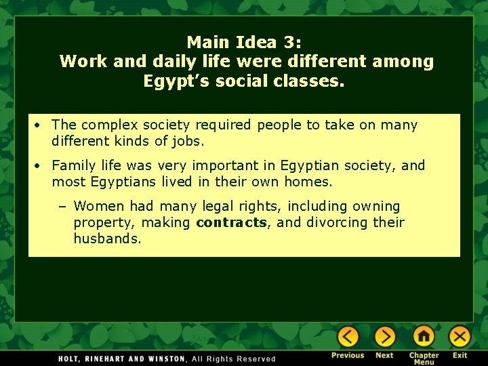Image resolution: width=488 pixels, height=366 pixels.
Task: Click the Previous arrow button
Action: click(348, 336)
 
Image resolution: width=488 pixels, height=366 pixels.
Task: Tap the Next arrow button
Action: click(384, 336)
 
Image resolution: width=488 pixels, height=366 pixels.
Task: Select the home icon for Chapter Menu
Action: click(424, 336)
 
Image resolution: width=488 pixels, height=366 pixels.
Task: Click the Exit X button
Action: click(460, 336)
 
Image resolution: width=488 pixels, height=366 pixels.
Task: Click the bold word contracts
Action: click(231, 222)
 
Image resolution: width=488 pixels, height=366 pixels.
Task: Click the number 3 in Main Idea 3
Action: click(292, 42)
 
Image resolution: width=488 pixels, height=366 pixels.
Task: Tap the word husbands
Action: click(107, 239)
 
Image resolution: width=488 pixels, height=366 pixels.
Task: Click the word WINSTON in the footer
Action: click(165, 359)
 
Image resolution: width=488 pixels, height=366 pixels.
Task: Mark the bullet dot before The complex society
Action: click(41, 125)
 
